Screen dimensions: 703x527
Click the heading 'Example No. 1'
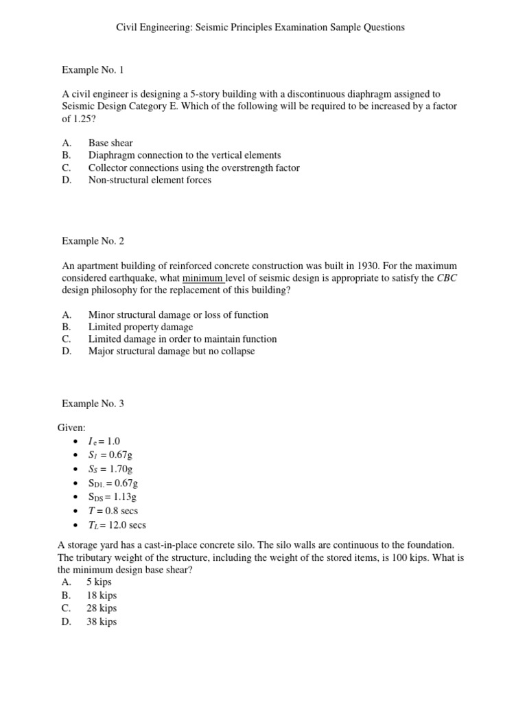point(93,69)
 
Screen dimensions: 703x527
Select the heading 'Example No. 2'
point(93,241)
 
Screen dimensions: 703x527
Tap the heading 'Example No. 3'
point(93,404)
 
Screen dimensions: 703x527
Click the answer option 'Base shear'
point(110,143)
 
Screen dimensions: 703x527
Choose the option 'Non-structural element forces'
point(150,180)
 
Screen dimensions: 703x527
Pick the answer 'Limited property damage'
point(141,327)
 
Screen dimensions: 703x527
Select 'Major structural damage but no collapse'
point(172,351)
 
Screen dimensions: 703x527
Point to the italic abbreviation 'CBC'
point(447,278)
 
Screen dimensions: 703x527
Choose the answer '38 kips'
point(102,622)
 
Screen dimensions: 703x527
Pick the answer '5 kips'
point(99,582)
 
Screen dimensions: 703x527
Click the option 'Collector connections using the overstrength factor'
point(194,168)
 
